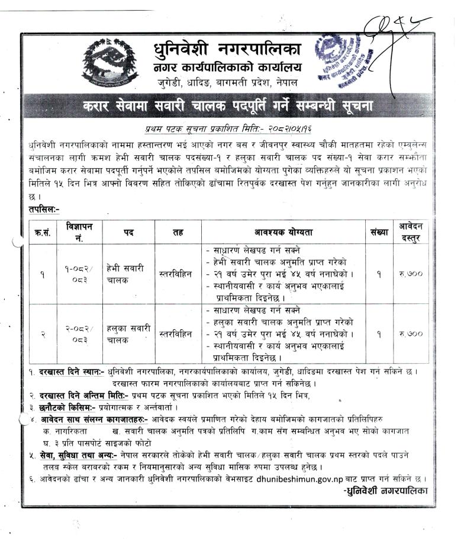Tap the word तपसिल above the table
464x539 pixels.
[x=43, y=209]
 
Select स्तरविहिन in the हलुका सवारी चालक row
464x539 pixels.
[x=176, y=334]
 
